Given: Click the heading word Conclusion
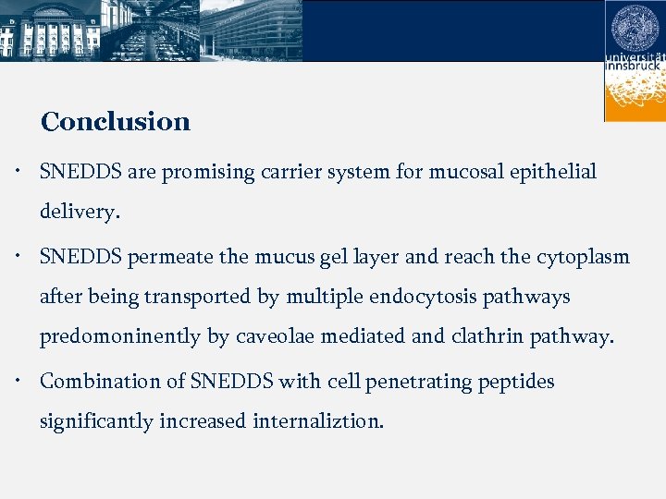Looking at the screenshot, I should point(116,122).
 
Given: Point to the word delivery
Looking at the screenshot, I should point(79,212).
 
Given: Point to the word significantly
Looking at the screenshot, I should point(96,421).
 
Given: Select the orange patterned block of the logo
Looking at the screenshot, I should point(635,97).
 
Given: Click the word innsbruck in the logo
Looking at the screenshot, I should point(635,67).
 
